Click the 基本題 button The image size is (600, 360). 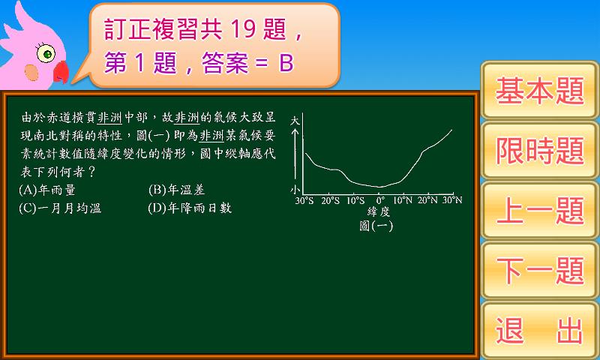(x=539, y=91)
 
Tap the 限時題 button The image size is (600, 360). (x=539, y=150)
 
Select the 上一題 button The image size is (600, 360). (x=539, y=211)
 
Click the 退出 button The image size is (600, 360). (x=539, y=330)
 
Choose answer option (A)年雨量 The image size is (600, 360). (x=47, y=190)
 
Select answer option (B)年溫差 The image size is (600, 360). (x=176, y=190)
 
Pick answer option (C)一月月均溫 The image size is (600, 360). (x=60, y=208)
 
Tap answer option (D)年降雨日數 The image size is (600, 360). (x=190, y=208)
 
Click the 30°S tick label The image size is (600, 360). (x=304, y=200)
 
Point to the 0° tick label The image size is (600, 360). (x=380, y=200)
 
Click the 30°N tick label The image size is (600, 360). (x=452, y=200)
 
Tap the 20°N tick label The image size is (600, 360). (x=427, y=200)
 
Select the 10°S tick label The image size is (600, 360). (x=355, y=200)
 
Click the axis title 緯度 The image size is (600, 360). (x=379, y=211)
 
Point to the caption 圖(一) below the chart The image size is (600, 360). (x=376, y=226)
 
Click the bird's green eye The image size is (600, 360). (x=46, y=53)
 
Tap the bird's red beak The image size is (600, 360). (x=61, y=72)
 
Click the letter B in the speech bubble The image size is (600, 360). (x=286, y=63)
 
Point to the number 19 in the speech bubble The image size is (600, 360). (x=243, y=29)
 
